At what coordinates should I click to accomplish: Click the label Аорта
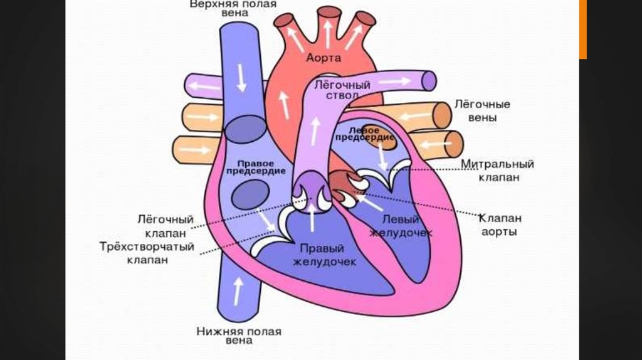tap(324, 58)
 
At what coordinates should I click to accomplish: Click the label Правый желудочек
tap(324, 254)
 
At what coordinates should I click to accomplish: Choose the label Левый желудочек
tap(401, 225)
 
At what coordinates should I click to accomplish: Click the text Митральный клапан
tap(498, 171)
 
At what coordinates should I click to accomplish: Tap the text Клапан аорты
tap(500, 225)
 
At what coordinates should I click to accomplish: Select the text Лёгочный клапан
tap(165, 226)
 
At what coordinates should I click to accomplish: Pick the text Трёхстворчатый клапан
tap(147, 253)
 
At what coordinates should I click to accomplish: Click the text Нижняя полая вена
tap(239, 336)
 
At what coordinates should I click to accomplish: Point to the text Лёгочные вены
tap(482, 110)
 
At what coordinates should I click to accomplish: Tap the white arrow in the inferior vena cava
tap(237, 291)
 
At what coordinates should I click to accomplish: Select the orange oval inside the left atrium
tap(381, 140)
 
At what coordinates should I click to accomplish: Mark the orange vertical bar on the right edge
tap(582, 29)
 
